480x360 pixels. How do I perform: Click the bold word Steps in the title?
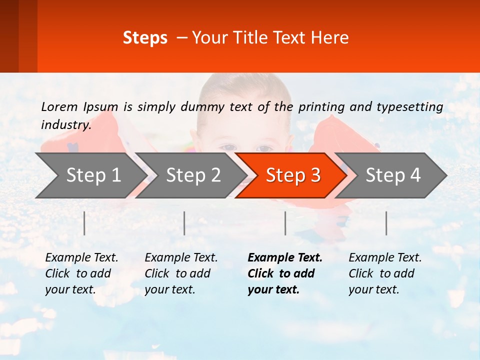[145, 37]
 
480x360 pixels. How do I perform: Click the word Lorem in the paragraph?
[59, 106]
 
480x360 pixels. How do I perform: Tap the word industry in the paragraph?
[65, 124]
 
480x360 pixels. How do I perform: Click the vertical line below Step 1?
[84, 223]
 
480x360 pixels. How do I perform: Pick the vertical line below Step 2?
[184, 223]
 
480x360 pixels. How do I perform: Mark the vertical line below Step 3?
[285, 223]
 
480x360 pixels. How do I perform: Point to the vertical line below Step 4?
[386, 223]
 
